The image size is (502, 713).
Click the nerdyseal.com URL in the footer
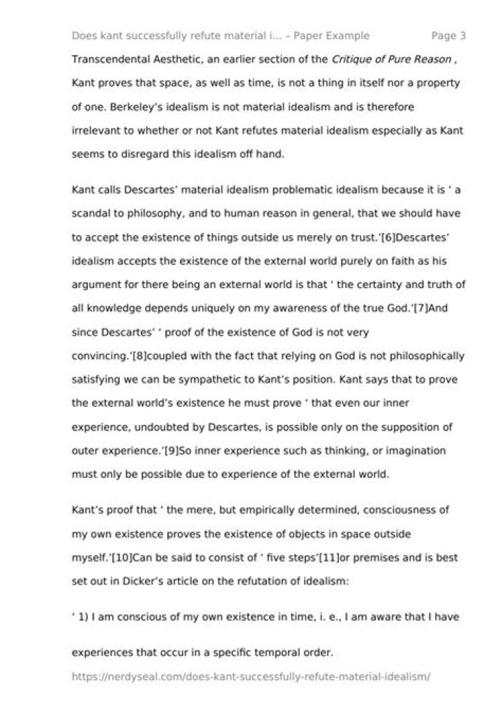click(x=252, y=677)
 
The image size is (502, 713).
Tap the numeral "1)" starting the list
click(x=84, y=617)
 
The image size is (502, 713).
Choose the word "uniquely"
click(x=201, y=308)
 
